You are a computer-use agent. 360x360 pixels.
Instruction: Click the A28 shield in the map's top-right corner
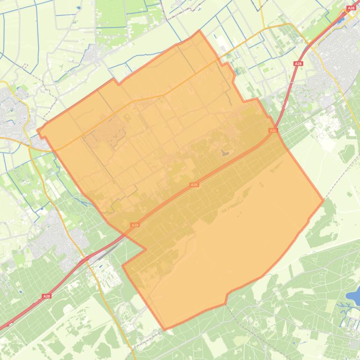pos(352,8)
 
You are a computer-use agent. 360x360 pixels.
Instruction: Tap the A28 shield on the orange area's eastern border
pos(273,131)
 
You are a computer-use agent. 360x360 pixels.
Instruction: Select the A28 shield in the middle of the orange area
pos(194,185)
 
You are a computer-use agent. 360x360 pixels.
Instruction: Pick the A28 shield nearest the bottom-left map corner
pos(46,296)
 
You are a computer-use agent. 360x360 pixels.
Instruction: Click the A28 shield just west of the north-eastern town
pos(298,63)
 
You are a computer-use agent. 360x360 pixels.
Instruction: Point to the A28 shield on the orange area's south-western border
pos(135,225)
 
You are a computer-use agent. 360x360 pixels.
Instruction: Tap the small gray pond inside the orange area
pos(225,152)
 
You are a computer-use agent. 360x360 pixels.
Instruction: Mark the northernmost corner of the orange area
pos(200,31)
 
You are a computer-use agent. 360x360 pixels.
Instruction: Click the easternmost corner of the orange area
pos(323,201)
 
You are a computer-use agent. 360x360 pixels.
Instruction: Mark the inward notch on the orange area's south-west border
pos(123,266)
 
